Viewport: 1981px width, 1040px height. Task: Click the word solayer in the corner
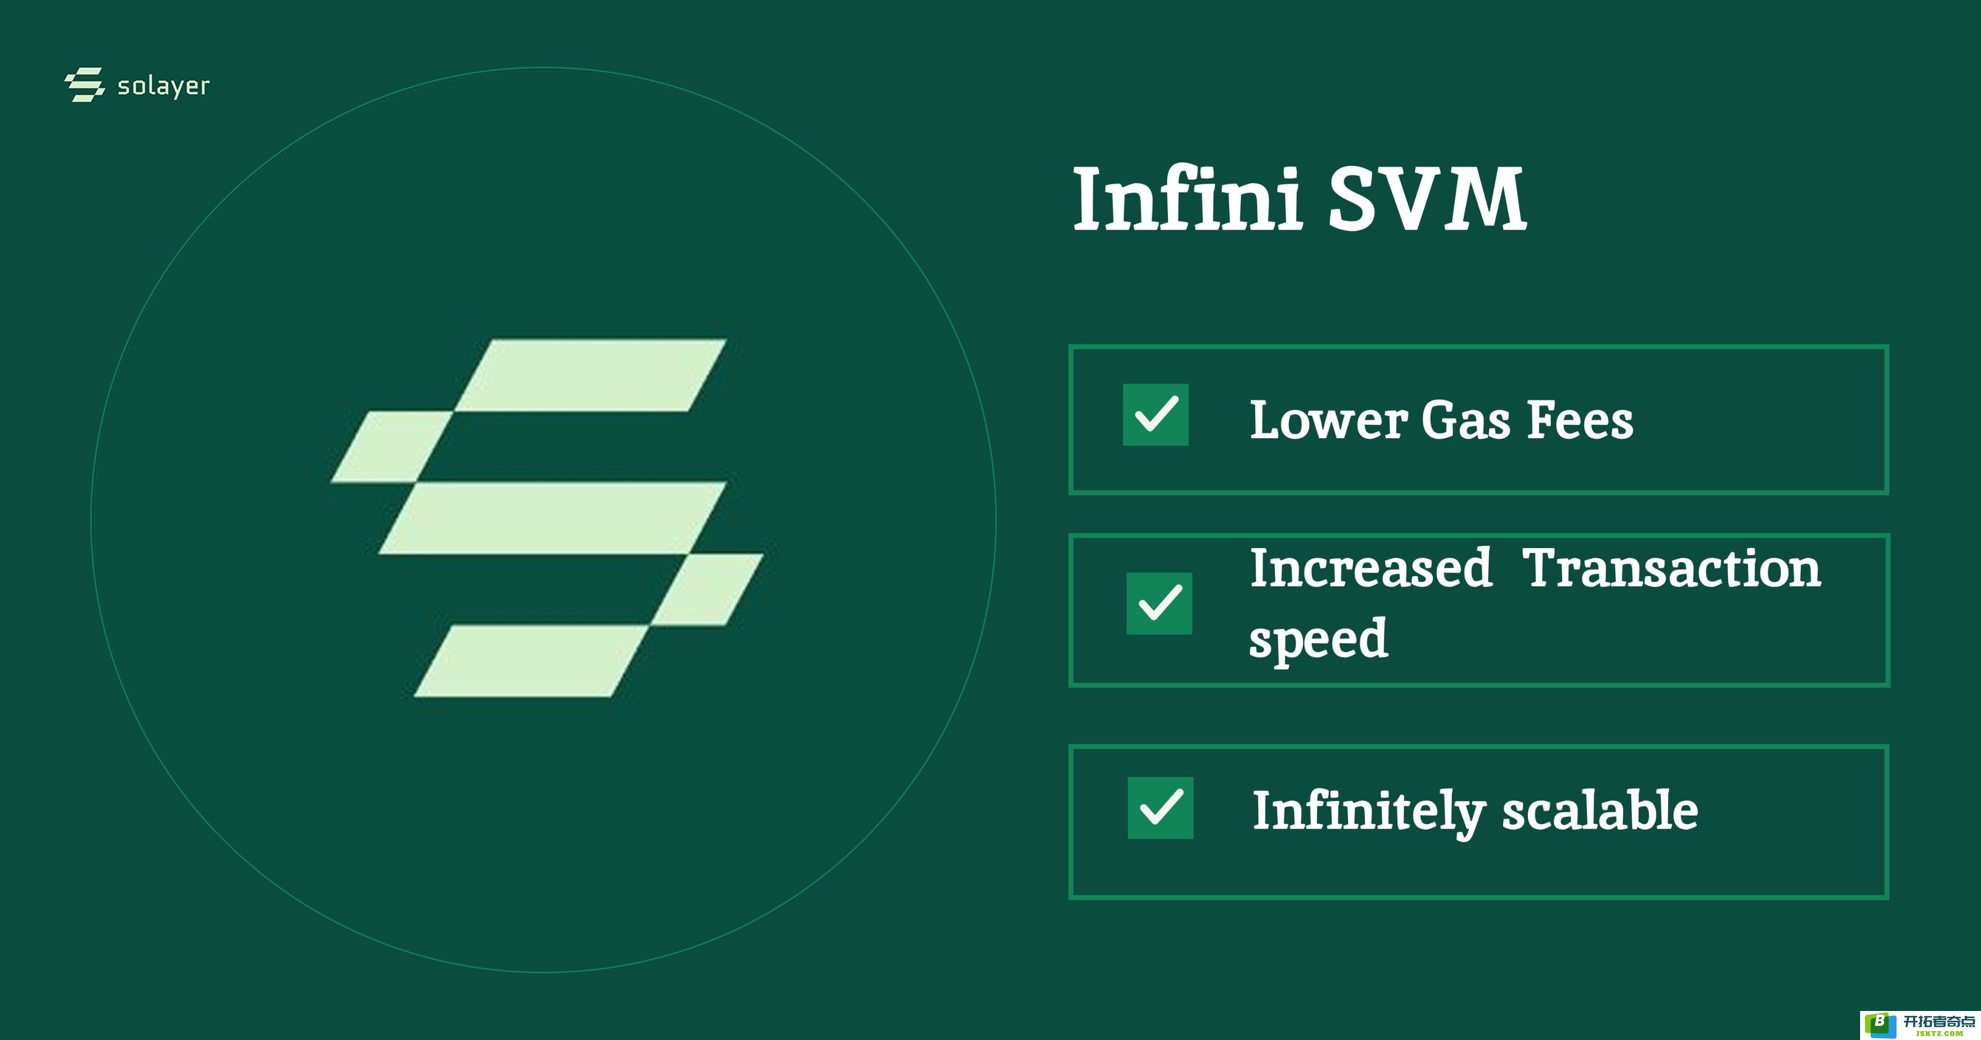tap(163, 86)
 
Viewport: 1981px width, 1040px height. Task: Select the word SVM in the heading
tap(1427, 200)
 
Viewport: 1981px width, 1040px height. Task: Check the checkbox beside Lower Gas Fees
tap(1155, 415)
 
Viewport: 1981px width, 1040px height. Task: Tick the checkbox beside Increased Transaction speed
tap(1159, 603)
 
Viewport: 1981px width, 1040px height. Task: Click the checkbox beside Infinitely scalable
tap(1160, 808)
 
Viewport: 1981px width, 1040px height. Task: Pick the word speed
tap(1318, 639)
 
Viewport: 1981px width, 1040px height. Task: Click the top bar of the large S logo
tap(591, 375)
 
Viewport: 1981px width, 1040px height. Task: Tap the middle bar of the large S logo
tap(552, 519)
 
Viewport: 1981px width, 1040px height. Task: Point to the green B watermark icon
tap(1879, 1024)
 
